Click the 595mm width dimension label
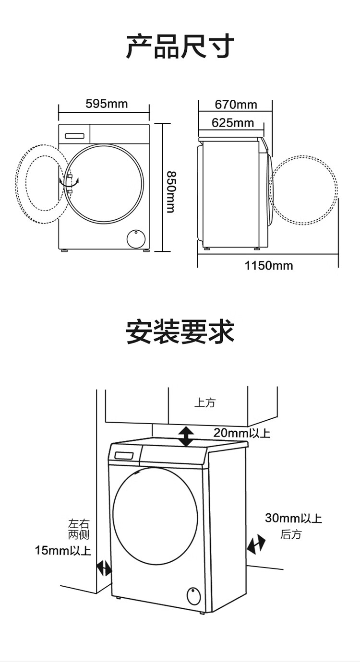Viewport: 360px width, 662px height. click(x=107, y=104)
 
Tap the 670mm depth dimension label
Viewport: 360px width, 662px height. click(x=236, y=104)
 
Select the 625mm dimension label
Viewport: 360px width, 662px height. click(x=233, y=123)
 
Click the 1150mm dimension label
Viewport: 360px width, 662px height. click(x=269, y=265)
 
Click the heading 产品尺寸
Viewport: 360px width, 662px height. click(x=180, y=47)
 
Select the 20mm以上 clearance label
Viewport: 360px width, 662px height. click(x=241, y=433)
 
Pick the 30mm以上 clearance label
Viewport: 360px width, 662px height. click(x=293, y=518)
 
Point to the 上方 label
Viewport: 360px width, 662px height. click(x=205, y=402)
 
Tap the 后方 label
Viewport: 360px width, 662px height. click(x=291, y=534)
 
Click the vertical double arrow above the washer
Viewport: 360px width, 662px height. click(x=186, y=437)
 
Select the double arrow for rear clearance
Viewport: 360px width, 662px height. click(x=256, y=544)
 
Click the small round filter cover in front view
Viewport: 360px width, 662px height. click(x=136, y=238)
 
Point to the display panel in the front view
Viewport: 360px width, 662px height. click(x=75, y=136)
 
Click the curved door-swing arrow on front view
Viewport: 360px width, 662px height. click(x=69, y=182)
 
